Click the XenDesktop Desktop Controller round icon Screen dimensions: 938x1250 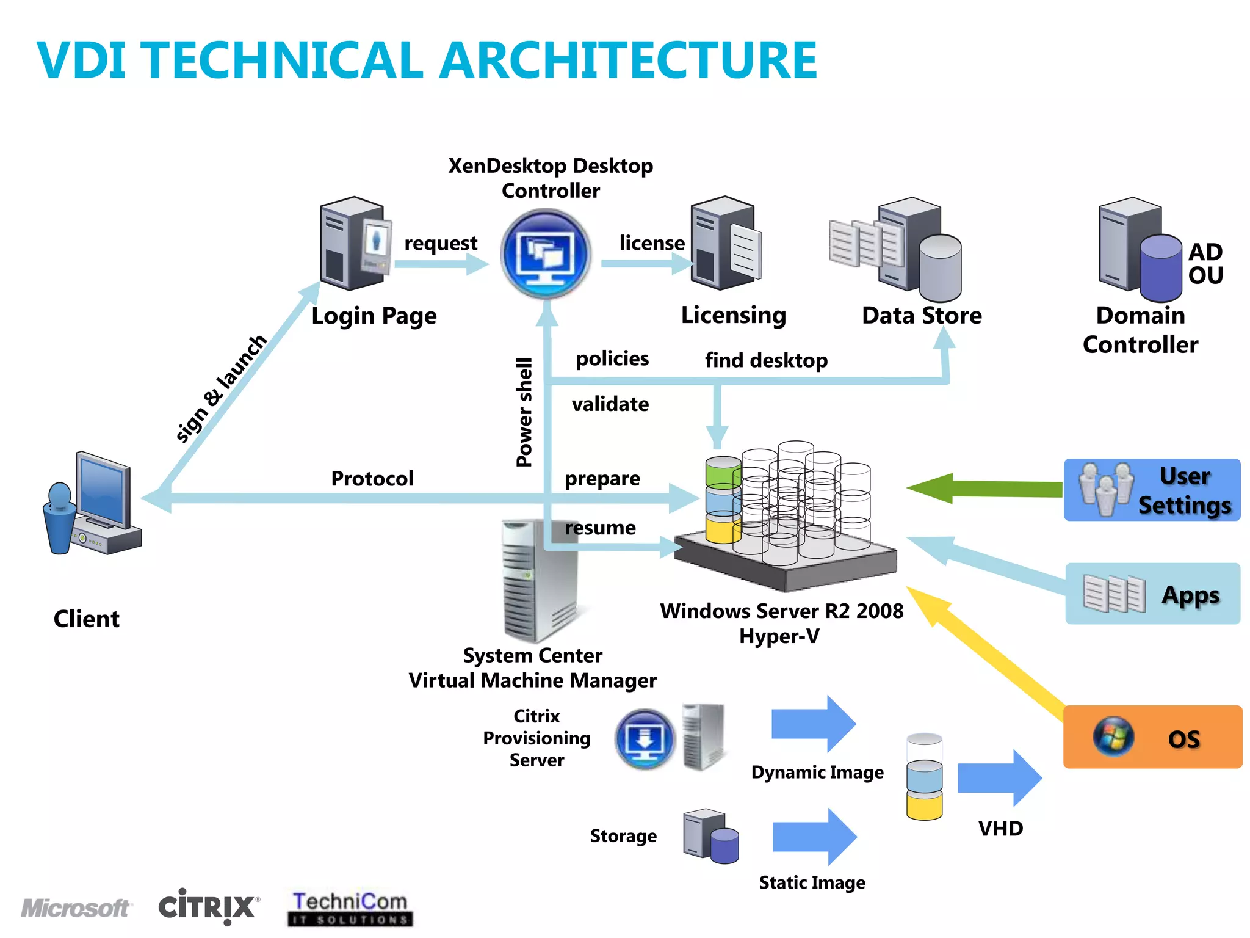pyautogui.click(x=545, y=253)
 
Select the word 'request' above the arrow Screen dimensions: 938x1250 pyautogui.click(x=441, y=244)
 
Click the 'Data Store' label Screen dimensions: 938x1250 pyautogui.click(x=922, y=316)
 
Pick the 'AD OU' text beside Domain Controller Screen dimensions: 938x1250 pyautogui.click(x=1205, y=264)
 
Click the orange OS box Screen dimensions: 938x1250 pyautogui.click(x=1152, y=737)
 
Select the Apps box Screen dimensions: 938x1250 pyautogui.click(x=1152, y=594)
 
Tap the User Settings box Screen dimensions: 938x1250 pyautogui.click(x=1152, y=490)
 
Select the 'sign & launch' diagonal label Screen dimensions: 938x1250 pyautogui.click(x=221, y=388)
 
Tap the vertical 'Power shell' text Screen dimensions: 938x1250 pyautogui.click(x=524, y=412)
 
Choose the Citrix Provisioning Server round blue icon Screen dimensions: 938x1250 pyautogui.click(x=645, y=739)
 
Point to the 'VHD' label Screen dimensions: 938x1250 pyautogui.click(x=1000, y=829)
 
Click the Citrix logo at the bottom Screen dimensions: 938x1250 pyautogui.click(x=208, y=907)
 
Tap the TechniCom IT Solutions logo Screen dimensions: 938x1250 pyautogui.click(x=350, y=909)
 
